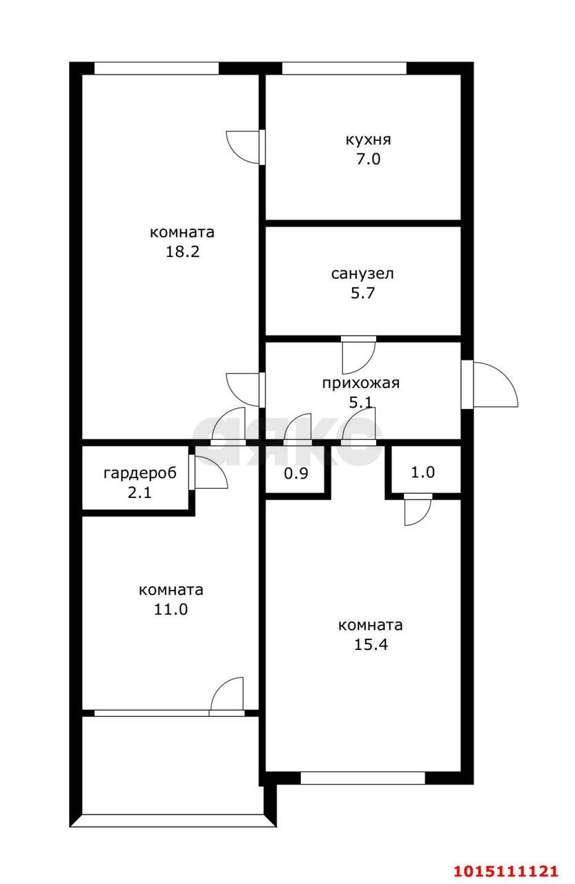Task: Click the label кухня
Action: tap(368, 140)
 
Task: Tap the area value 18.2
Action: tap(182, 252)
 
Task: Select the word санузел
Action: tap(362, 273)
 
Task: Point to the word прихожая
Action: tap(361, 383)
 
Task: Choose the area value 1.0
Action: tap(422, 472)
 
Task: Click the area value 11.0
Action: tap(170, 610)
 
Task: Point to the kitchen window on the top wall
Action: tap(344, 68)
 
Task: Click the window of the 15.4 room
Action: tap(362, 778)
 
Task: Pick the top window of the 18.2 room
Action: tap(156, 68)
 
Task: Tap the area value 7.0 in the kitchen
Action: tap(368, 160)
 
